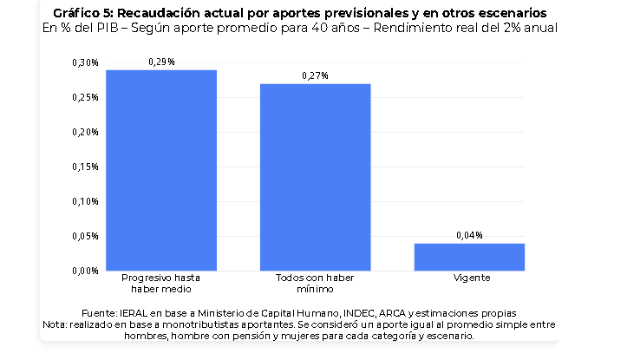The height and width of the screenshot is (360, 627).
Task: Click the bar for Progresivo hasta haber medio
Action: coord(161,170)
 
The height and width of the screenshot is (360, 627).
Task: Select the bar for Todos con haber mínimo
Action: coord(316,177)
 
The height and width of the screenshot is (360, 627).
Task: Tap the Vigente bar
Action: coord(469,257)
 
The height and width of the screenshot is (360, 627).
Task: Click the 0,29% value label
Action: coord(161,62)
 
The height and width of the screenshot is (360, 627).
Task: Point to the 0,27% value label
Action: coord(315,76)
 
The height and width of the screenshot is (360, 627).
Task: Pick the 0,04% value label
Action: coord(469,236)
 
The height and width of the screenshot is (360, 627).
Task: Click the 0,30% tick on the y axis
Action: coord(85,62)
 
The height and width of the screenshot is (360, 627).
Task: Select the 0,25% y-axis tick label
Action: coord(85,98)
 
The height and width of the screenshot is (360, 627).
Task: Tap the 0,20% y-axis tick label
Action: coord(85,132)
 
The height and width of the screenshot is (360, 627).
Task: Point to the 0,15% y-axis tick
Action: coord(85,167)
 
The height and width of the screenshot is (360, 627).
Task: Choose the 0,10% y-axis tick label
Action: coord(85,201)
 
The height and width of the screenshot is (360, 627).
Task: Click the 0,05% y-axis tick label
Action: coord(85,237)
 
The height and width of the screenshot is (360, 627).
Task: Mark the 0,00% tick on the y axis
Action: coord(85,272)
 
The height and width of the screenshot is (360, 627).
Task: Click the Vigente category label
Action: coord(472,278)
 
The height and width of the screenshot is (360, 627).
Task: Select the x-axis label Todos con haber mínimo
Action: coord(315,283)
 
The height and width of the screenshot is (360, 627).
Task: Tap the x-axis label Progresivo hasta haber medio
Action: coord(160,283)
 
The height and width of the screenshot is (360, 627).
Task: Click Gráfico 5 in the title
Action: coord(83,13)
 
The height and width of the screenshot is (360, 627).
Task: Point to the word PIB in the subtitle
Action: coord(108,28)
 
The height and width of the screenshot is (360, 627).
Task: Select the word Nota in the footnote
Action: coord(55,324)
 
